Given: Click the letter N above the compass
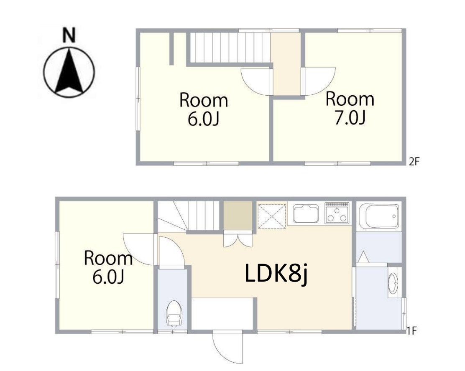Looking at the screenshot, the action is [x=69, y=35].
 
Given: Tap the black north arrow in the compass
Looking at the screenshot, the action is [x=69, y=71].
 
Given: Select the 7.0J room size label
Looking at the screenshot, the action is [x=350, y=118].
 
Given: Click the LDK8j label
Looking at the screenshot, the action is [x=276, y=274].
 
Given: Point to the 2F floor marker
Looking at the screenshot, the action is [x=414, y=162].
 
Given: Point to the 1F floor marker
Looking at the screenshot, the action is [x=412, y=330].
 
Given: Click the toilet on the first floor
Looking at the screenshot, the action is [x=174, y=313].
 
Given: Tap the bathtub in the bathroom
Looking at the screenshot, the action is [x=379, y=216].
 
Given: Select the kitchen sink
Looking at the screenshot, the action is [x=306, y=213].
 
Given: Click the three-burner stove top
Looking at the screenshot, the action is [x=337, y=213].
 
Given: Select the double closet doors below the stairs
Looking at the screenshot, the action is [x=238, y=240].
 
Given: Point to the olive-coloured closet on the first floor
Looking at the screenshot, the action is [x=238, y=216].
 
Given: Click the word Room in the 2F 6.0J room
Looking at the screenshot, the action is [x=203, y=100].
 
